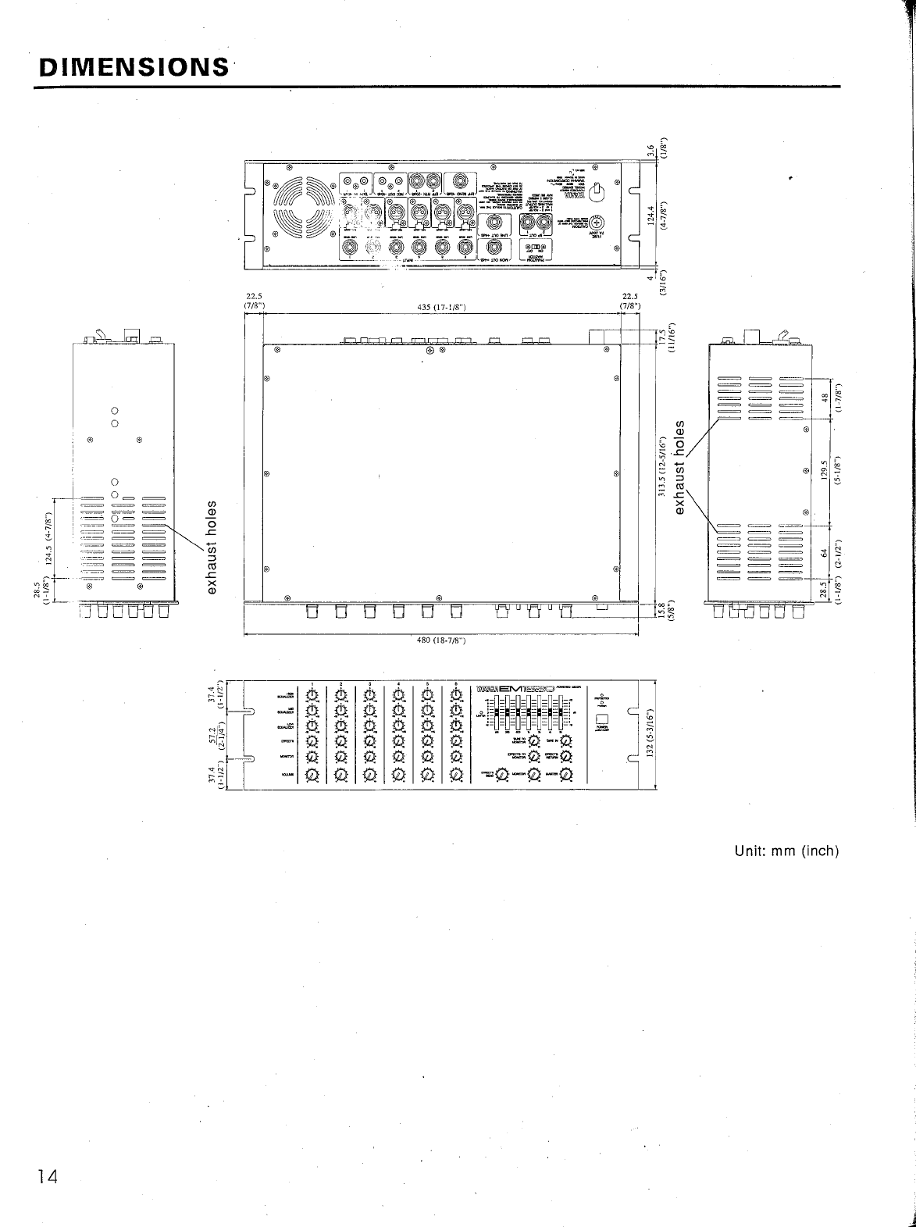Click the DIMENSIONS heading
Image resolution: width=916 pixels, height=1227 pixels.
point(132,66)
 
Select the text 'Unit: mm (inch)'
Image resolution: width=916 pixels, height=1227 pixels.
point(786,851)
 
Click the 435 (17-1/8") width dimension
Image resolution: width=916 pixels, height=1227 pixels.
point(442,306)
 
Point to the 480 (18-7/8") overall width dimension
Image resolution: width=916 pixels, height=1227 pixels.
point(441,642)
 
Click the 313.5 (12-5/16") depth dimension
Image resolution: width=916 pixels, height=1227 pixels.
point(662,468)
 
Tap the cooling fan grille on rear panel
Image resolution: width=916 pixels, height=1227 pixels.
point(303,207)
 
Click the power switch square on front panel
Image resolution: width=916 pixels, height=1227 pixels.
point(602,720)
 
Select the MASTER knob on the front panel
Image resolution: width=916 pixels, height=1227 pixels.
point(565,775)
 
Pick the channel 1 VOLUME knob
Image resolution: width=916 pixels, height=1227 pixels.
point(312,775)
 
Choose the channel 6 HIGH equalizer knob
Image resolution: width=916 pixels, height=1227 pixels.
point(456,694)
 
